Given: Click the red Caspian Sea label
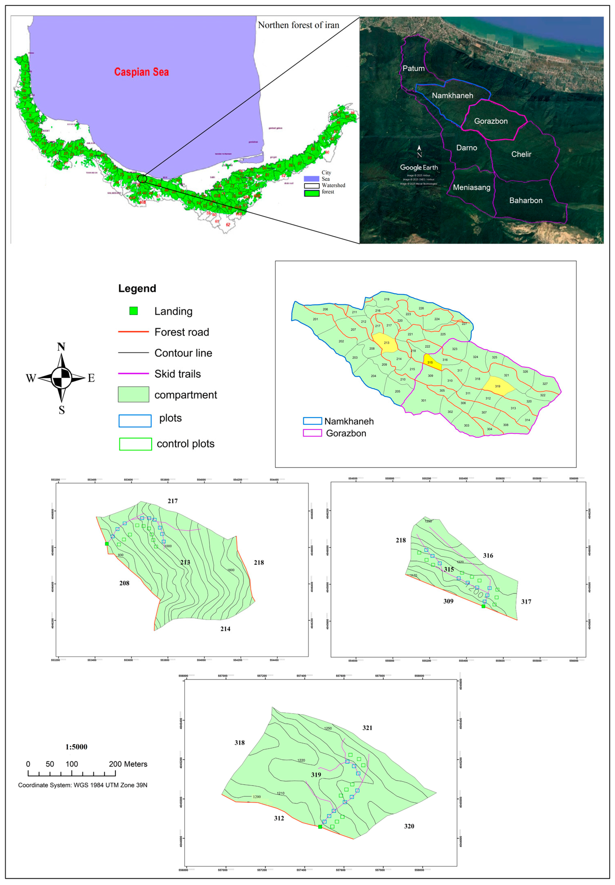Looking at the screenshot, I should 141,72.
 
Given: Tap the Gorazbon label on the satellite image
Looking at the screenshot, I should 491,121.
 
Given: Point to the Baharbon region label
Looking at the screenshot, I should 526,200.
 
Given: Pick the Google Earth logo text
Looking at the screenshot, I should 419,168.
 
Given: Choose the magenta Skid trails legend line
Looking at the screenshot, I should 133,373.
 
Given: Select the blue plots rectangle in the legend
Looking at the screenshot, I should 135,421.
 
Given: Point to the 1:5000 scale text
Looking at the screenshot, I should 76,747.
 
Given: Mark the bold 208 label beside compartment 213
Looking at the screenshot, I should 124,583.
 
